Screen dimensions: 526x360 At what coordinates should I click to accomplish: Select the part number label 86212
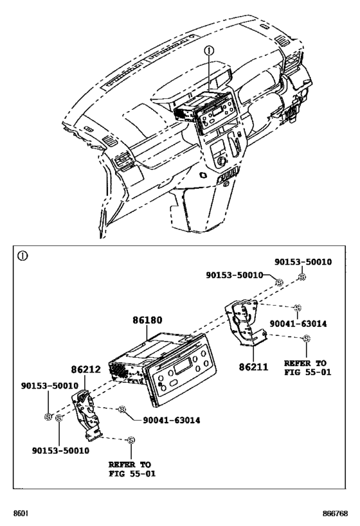coord(85,370)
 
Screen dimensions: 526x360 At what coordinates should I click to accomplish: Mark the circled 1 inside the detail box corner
coord(23,255)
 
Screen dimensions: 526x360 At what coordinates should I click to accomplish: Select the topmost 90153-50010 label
coord(303,261)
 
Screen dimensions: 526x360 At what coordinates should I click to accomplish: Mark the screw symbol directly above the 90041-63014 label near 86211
coord(296,308)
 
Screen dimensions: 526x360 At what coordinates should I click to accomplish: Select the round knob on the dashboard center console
coord(223,161)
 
